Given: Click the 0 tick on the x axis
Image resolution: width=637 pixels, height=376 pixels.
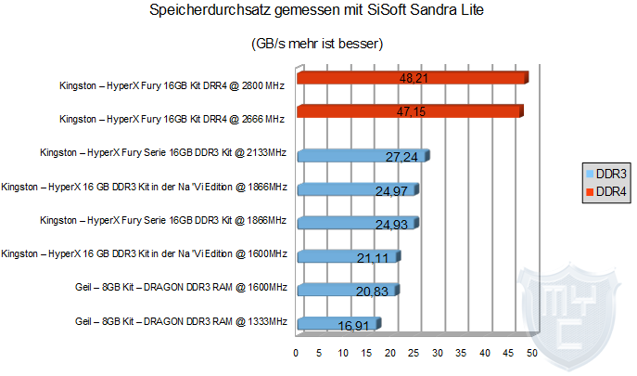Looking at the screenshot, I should (x=296, y=353).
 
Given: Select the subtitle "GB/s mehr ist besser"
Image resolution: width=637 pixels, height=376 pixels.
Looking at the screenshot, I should (x=317, y=44).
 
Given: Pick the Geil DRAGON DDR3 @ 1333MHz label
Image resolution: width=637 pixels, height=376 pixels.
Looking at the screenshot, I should (x=181, y=321).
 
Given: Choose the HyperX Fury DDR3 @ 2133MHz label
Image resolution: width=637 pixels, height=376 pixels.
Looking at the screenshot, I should (x=163, y=152).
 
